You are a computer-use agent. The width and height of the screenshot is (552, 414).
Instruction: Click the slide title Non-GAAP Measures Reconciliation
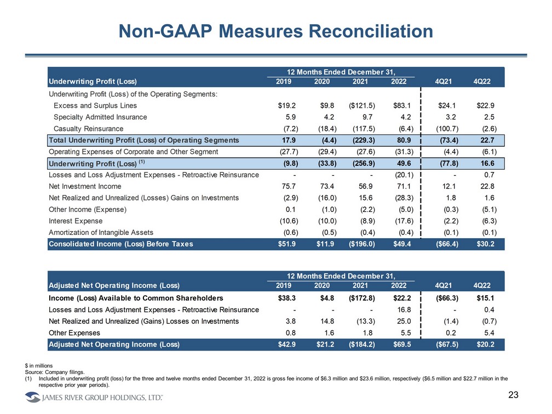point(276,31)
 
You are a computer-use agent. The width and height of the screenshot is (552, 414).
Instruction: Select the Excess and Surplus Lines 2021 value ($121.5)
point(361,106)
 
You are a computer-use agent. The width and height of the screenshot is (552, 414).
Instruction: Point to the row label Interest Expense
point(76,221)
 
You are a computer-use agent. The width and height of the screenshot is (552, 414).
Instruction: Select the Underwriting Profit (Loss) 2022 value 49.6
point(403,163)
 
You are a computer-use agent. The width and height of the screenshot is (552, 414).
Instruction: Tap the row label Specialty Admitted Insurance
point(100,117)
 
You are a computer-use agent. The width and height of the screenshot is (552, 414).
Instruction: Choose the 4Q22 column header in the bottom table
point(481,286)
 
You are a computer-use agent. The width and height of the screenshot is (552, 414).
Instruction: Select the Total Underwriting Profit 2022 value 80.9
point(403,140)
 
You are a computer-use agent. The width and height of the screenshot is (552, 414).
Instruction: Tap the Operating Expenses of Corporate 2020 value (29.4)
point(324,152)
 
